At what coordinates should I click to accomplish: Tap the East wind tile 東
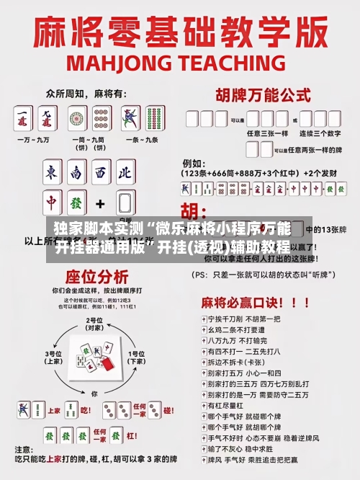tap(52, 173)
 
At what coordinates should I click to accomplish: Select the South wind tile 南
tap(76, 173)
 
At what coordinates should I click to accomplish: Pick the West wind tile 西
tap(101, 173)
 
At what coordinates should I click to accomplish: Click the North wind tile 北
tap(125, 173)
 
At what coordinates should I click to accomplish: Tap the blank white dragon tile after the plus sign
tap(125, 204)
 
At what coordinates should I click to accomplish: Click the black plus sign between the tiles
tap(100, 204)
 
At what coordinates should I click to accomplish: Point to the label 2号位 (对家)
tap(94, 324)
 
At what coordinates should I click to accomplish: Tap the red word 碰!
tap(168, 410)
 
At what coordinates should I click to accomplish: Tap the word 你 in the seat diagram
tap(94, 394)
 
